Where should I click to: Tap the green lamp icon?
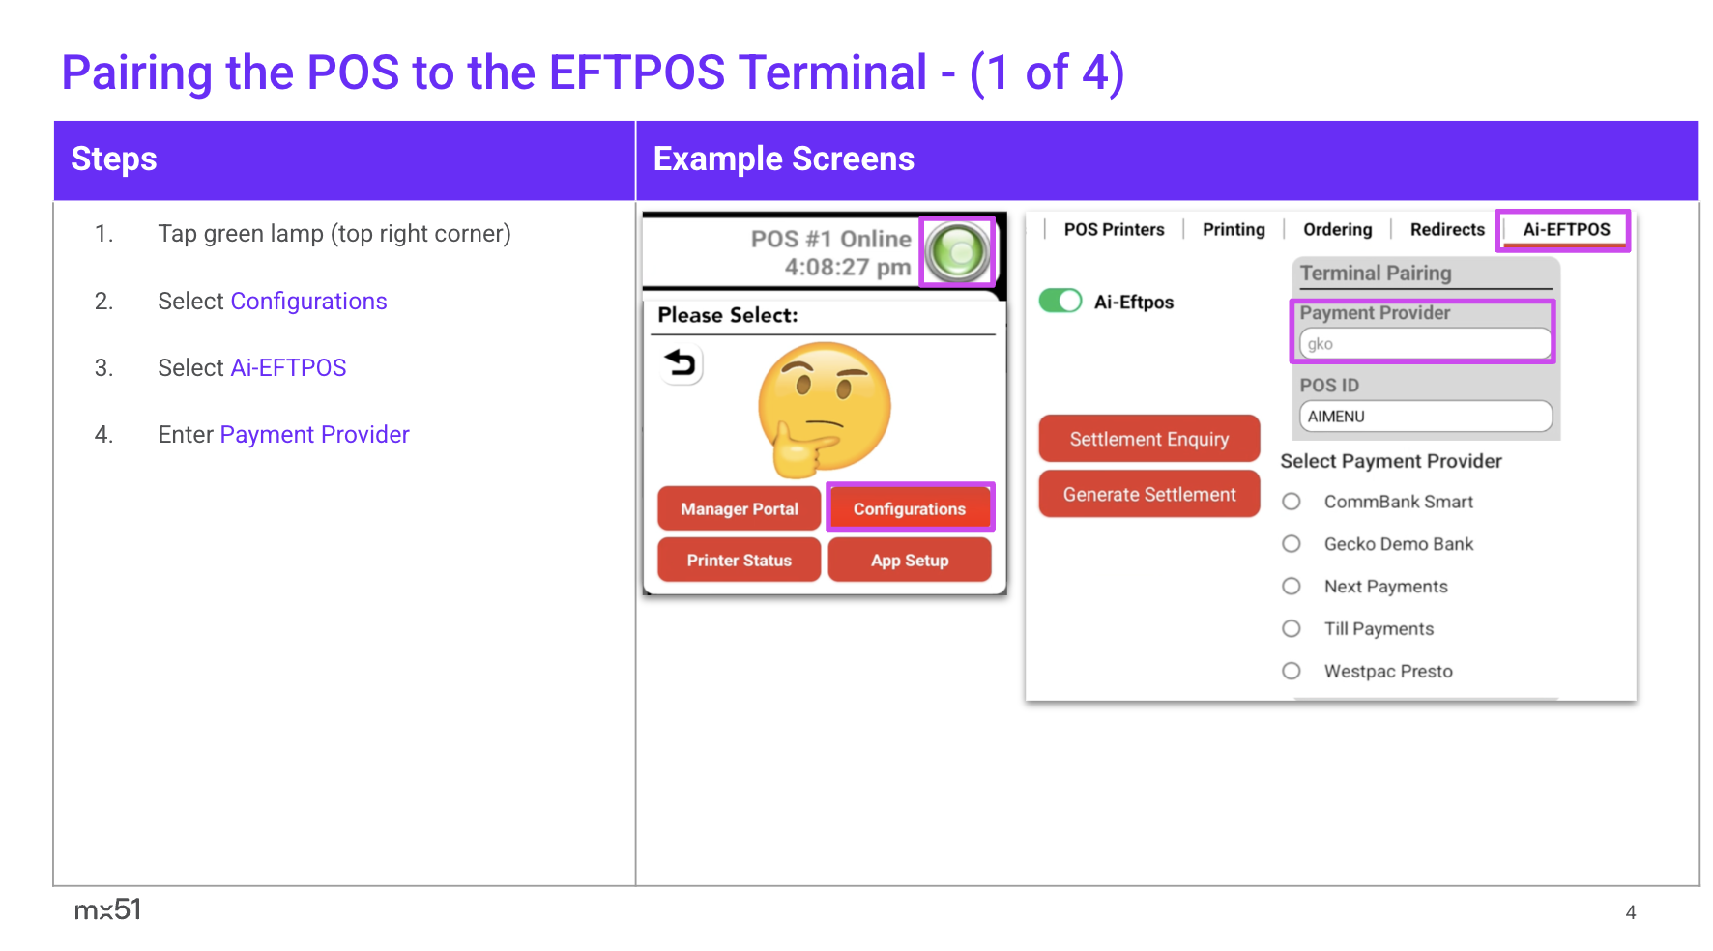(957, 252)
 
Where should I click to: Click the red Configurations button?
(910, 508)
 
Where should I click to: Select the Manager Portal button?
(740, 508)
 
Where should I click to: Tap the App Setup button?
(910, 561)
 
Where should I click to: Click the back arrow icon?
(681, 364)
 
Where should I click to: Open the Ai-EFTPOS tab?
(1566, 230)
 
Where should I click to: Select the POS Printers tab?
(1114, 230)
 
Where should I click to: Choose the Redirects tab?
(1447, 230)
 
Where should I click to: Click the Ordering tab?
(1337, 230)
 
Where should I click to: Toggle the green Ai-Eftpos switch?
(1060, 301)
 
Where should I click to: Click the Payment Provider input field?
(1425, 344)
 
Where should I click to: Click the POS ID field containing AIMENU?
(1425, 417)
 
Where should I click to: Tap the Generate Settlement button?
(1149, 494)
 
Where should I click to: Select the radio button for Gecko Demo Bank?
(1292, 544)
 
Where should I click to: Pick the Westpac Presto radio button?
(1292, 671)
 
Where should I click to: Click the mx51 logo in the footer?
(108, 909)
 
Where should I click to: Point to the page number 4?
(1631, 912)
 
